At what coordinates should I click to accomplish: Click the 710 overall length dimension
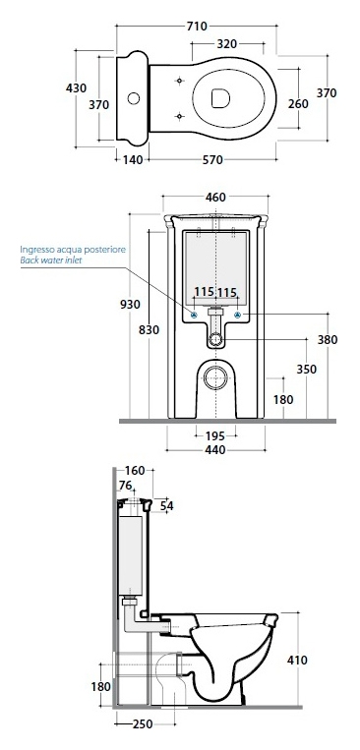197,26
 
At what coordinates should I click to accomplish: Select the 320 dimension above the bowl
226,44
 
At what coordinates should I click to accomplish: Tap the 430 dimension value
76,88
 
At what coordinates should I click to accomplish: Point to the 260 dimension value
298,103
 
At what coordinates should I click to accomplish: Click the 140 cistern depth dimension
133,160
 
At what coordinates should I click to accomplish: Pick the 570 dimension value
212,160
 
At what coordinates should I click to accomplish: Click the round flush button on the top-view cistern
134,98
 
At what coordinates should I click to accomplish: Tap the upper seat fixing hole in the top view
180,81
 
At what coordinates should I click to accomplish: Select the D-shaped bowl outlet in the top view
220,98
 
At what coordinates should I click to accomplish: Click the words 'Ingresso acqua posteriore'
73,250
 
